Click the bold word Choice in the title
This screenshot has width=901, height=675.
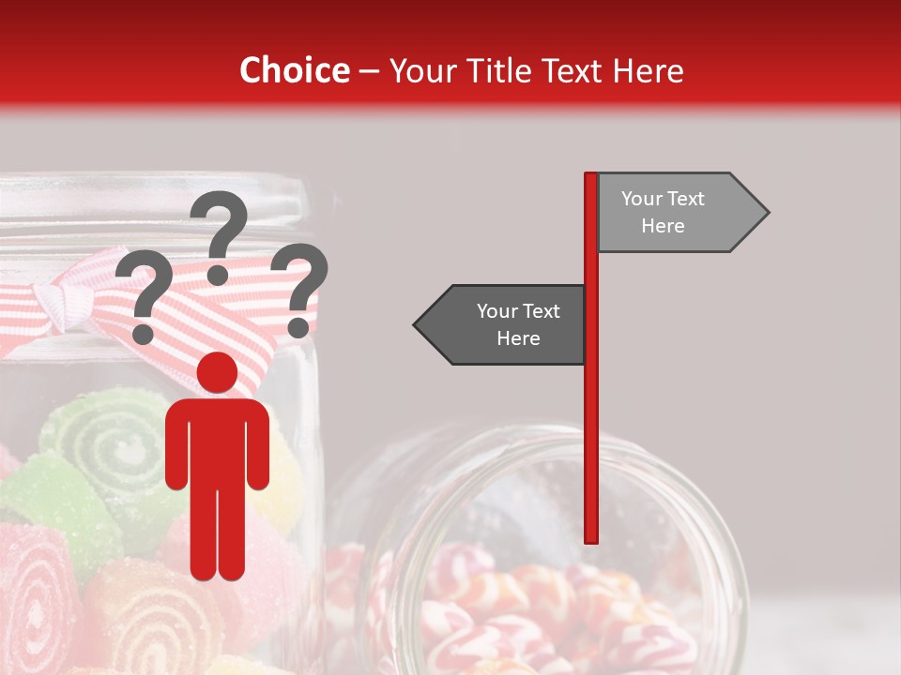pos(294,70)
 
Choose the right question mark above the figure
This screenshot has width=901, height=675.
pos(299,289)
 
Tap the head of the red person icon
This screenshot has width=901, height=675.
pos(217,372)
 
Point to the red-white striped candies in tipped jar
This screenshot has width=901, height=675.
pos(488,600)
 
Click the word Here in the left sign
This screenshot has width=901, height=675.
pos(518,338)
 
